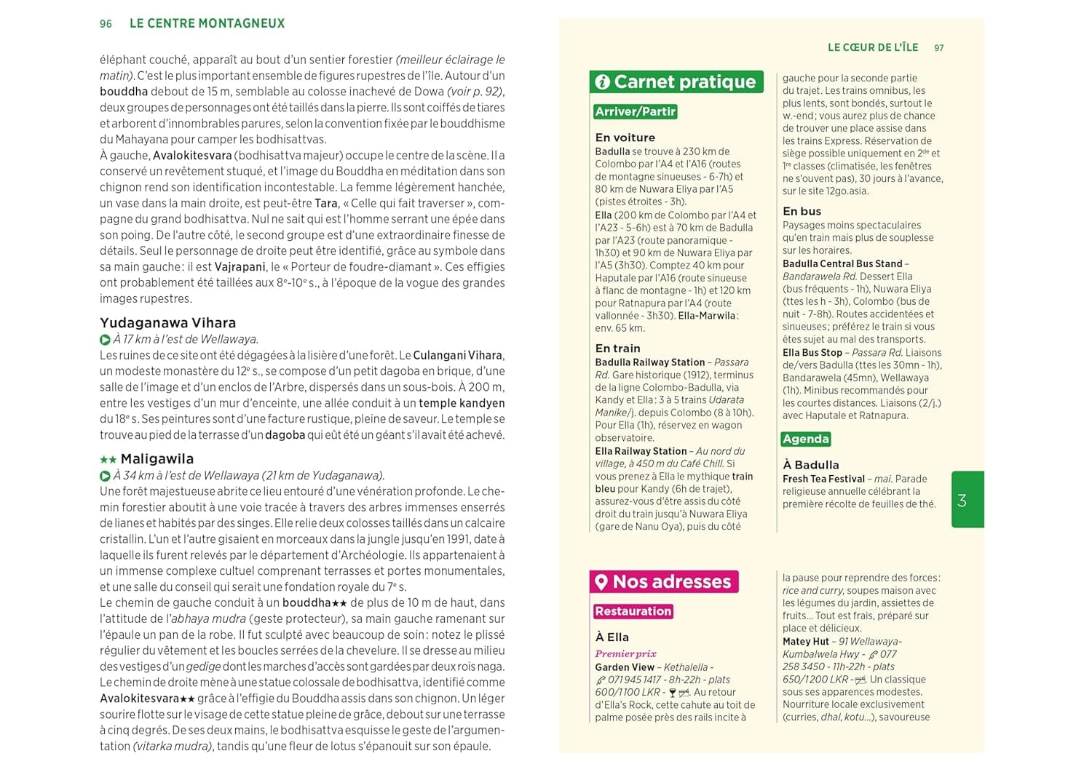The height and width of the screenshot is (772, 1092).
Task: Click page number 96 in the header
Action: pyautogui.click(x=106, y=24)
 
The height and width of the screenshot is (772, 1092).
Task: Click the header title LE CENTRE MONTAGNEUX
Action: pyautogui.click(x=207, y=23)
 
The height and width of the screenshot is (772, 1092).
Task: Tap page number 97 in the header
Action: pyautogui.click(x=938, y=48)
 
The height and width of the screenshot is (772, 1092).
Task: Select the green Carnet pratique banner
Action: pyautogui.click(x=676, y=81)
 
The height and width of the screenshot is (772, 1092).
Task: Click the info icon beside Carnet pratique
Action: pyautogui.click(x=602, y=82)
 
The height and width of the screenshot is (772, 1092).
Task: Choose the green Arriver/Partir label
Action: pyautogui.click(x=636, y=111)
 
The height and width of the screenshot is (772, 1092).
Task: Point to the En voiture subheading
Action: pyautogui.click(x=625, y=138)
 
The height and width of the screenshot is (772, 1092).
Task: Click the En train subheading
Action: pyautogui.click(x=617, y=349)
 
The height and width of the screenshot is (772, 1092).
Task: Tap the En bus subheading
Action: pyautogui.click(x=802, y=211)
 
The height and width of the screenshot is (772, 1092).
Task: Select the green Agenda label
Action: pyautogui.click(x=806, y=439)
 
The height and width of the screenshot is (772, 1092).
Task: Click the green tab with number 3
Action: pyautogui.click(x=967, y=500)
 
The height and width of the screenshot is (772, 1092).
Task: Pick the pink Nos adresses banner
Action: pyautogui.click(x=664, y=581)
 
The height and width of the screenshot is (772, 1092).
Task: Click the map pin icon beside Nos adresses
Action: pyautogui.click(x=601, y=582)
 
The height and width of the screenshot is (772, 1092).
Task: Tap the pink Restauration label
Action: pyautogui.click(x=633, y=611)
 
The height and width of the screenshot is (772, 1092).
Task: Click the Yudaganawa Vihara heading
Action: pyautogui.click(x=167, y=323)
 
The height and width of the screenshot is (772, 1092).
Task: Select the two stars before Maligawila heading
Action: pyautogui.click(x=108, y=460)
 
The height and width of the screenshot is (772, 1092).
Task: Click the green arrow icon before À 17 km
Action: pyautogui.click(x=105, y=340)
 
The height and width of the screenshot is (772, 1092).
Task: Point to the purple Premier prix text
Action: pyautogui.click(x=625, y=653)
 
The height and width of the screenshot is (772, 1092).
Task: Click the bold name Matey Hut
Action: pyautogui.click(x=806, y=641)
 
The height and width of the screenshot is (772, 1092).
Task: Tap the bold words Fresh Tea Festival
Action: pyautogui.click(x=823, y=479)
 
